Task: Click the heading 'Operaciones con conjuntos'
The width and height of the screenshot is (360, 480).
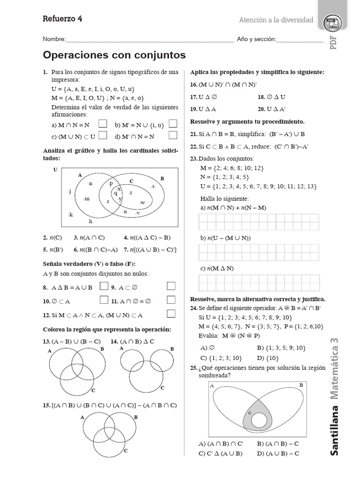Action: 114,55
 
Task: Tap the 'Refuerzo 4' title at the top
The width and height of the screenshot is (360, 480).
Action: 62,19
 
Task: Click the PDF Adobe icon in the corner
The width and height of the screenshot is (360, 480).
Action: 333,22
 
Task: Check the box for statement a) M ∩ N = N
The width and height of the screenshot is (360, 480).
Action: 103,124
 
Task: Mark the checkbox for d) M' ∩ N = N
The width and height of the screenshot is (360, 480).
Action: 173,135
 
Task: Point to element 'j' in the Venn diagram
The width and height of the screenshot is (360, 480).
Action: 69,191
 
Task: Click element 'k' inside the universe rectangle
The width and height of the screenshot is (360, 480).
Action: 71,215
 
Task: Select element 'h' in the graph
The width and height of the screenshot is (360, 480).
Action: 90,221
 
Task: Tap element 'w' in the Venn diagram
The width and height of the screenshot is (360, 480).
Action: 142,202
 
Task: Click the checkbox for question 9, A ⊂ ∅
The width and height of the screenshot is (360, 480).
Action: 172,286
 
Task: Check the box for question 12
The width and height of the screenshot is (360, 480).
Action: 172,314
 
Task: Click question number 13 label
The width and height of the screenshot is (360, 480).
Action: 46,341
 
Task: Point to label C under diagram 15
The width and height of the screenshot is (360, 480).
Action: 126,450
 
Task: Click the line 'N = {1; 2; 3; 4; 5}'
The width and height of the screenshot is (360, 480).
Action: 225,177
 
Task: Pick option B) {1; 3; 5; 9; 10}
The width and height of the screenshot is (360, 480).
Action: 281,347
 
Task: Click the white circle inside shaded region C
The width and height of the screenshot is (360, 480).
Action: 259,420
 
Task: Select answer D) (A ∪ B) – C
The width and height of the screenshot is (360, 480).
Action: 278,453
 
